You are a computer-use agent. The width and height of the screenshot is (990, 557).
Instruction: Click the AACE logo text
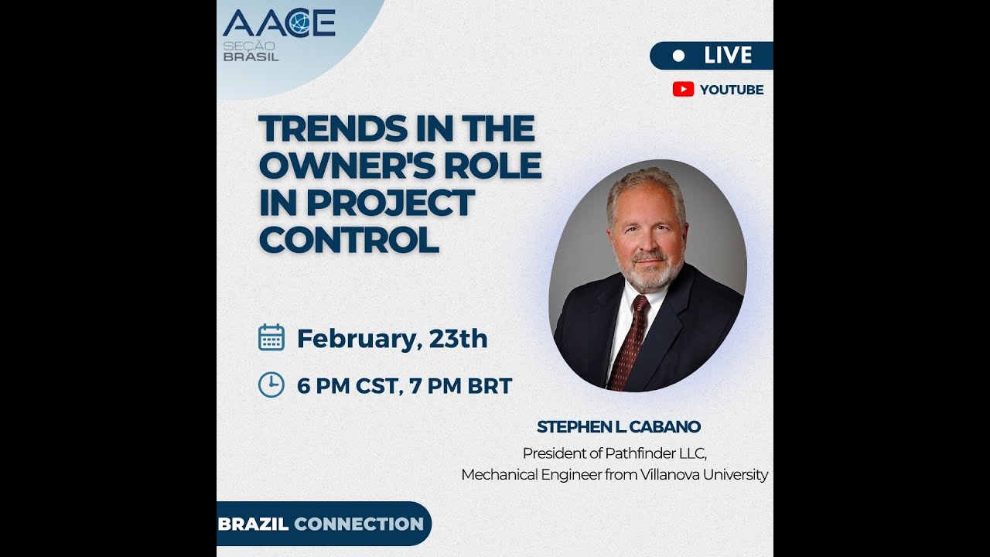tap(278, 23)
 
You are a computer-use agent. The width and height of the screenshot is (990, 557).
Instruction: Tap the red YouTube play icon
tap(683, 89)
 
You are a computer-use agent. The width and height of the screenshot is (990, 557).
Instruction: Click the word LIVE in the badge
tap(728, 56)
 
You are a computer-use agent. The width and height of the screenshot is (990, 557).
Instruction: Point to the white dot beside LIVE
tap(679, 56)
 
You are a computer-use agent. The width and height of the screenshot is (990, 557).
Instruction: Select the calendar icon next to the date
tap(271, 338)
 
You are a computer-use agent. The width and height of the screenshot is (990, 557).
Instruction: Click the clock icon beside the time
tap(271, 384)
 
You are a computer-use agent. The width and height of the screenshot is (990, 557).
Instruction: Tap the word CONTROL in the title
tap(349, 241)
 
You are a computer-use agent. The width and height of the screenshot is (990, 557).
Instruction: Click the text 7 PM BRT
tap(461, 385)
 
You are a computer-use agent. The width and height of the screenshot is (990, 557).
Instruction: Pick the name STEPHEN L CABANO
tap(619, 427)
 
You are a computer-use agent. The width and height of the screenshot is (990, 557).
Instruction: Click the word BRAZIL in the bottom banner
tap(253, 524)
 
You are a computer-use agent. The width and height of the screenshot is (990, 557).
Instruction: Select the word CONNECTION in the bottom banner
tap(359, 524)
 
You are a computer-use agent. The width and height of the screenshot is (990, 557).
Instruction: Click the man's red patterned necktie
tap(629, 340)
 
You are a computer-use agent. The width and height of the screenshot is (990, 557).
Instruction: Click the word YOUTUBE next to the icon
tap(732, 90)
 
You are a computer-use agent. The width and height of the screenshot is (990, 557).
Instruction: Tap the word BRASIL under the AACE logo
tap(251, 57)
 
